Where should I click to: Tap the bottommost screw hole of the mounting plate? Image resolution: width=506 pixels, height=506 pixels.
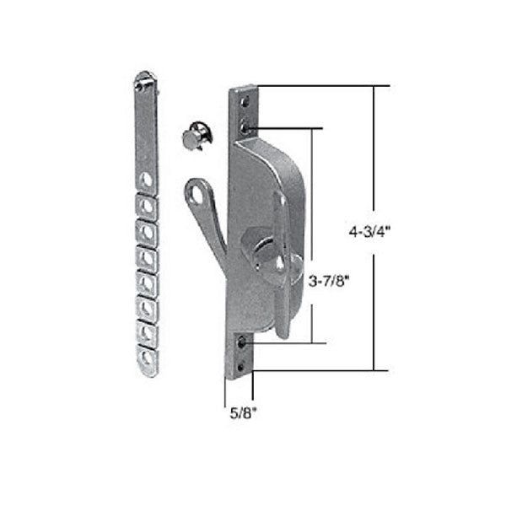click(x=243, y=365)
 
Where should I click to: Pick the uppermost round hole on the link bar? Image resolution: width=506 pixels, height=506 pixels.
click(x=147, y=179)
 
